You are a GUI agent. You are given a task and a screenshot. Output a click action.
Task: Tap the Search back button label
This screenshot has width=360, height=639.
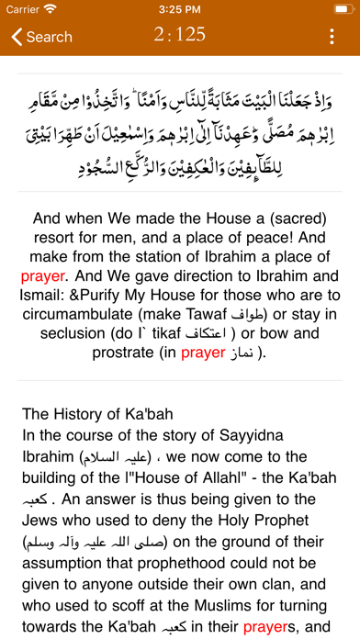pos(49,37)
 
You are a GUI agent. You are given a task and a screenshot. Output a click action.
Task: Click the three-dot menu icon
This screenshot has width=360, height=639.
pos(332,37)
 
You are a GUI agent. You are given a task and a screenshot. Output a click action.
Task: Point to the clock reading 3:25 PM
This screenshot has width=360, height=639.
pos(180,9)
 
